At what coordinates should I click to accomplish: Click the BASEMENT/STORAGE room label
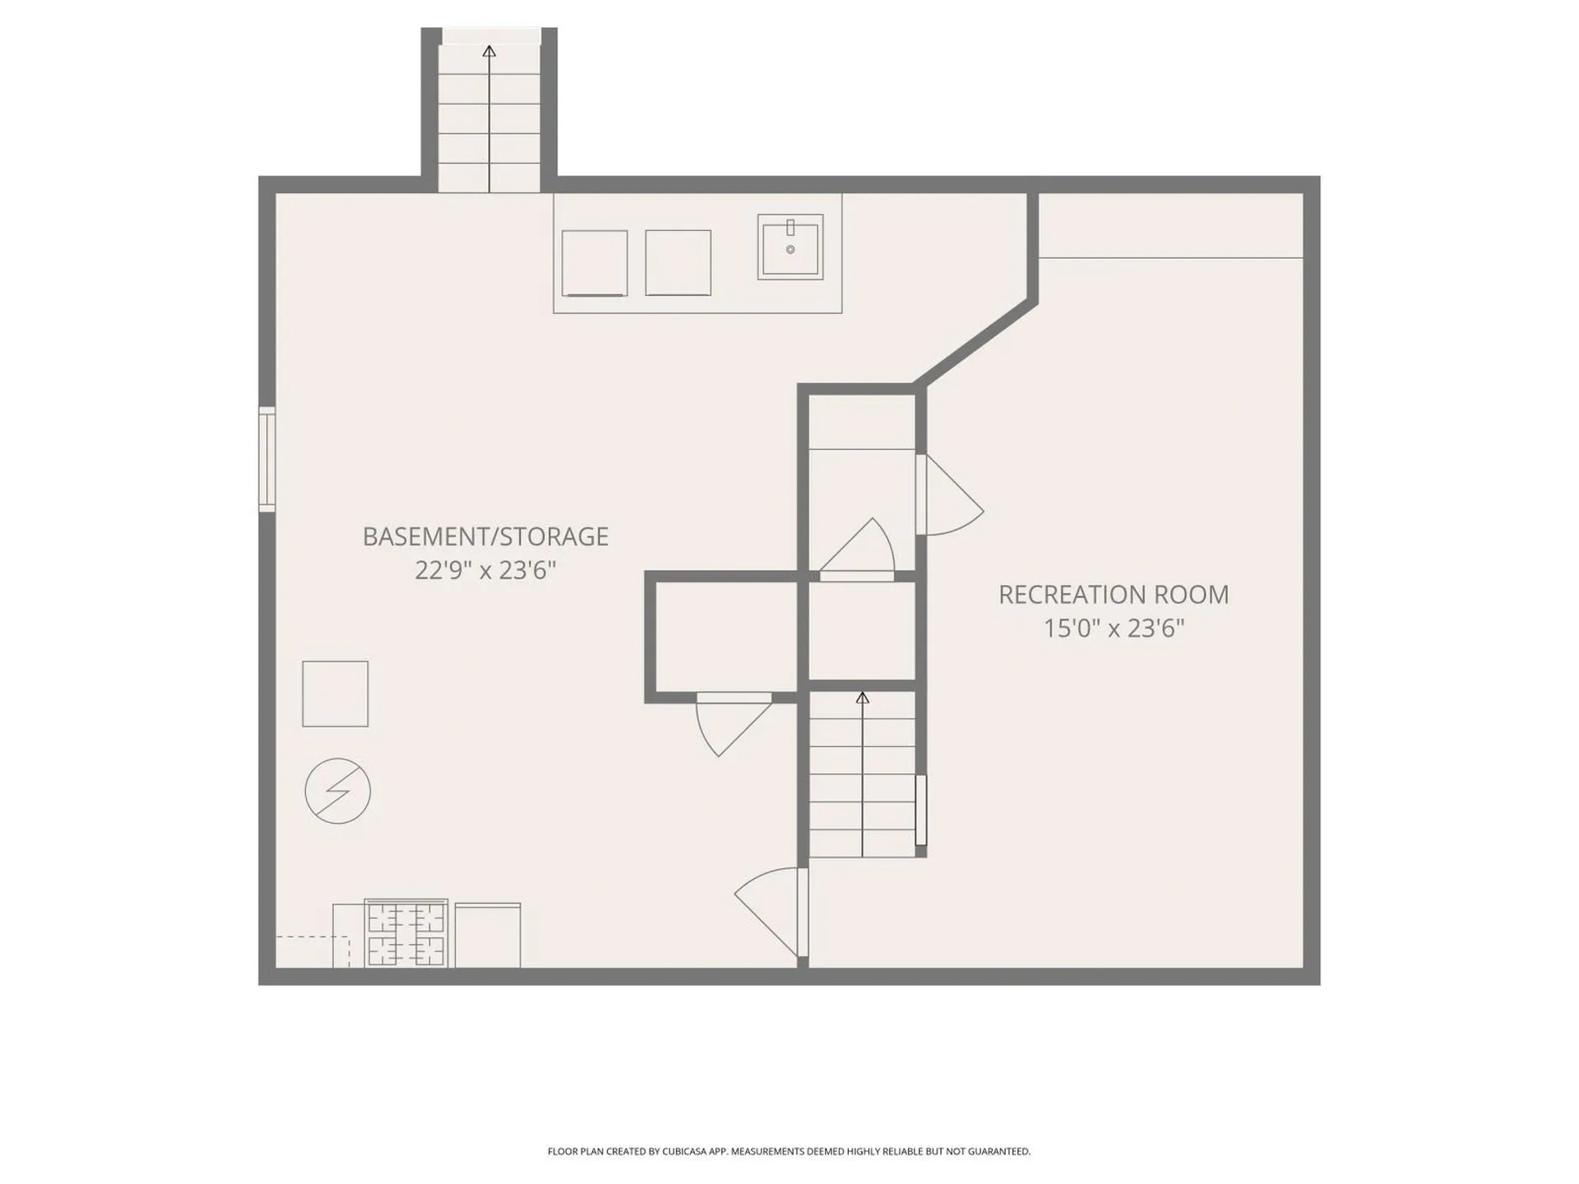(485, 537)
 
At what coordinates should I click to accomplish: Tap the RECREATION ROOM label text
(1114, 595)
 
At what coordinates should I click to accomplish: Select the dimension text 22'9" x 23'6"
(485, 571)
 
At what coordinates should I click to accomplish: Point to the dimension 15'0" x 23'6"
(1114, 629)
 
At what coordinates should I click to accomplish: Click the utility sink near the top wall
(790, 247)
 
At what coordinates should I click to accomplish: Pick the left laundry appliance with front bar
(595, 263)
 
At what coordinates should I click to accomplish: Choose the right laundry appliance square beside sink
(678, 263)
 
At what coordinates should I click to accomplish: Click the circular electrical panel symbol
(337, 791)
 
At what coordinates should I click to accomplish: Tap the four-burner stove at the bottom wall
(406, 934)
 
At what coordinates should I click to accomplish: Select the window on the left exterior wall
(266, 459)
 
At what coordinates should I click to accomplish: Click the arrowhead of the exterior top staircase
(489, 51)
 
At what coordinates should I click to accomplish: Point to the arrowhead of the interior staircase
(862, 698)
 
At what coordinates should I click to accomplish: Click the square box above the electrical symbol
(335, 694)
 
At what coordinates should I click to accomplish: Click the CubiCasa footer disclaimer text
(789, 1151)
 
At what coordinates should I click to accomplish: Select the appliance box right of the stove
(487, 936)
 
